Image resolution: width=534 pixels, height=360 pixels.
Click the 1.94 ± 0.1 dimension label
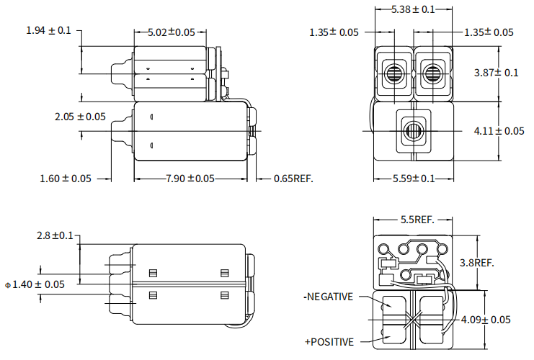(48, 30)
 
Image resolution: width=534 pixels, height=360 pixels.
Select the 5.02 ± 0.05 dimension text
(171, 32)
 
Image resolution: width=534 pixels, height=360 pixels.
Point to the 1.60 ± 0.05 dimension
(66, 179)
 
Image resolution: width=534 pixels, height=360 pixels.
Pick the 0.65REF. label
(293, 179)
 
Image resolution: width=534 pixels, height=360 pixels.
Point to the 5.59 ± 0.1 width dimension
(414, 179)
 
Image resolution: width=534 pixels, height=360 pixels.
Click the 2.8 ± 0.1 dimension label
(55, 235)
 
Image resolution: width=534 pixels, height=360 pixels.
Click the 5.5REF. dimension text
(413, 220)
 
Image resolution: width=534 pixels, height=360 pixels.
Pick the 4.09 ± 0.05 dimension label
(490, 319)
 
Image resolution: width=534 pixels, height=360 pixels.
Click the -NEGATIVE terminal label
(328, 296)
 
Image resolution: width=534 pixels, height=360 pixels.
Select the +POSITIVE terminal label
(329, 341)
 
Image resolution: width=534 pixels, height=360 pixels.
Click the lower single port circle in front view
(413, 131)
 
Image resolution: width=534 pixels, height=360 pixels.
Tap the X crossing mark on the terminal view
(413, 318)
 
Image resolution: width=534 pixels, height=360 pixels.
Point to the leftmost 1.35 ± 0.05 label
(334, 32)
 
